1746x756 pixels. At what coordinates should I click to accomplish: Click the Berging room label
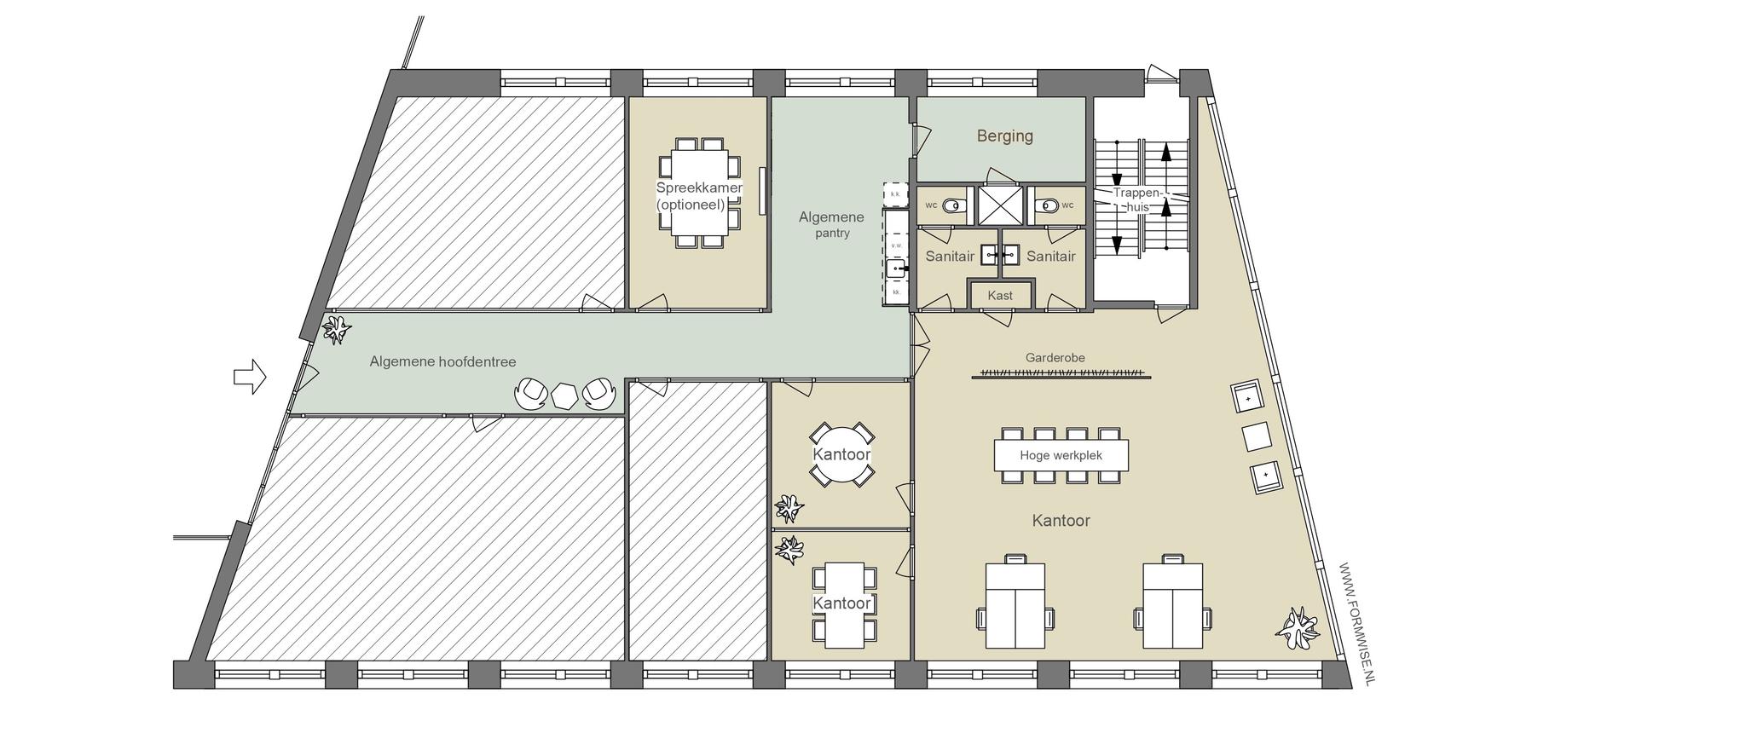1004,136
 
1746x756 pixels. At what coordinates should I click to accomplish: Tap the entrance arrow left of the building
250,376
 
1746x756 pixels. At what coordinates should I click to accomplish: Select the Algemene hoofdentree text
442,361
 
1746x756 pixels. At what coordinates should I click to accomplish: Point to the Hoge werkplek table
1061,455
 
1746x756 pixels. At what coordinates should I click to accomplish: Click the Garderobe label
1055,358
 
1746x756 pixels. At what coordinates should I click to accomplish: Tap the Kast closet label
1000,296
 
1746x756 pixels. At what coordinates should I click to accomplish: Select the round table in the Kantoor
841,454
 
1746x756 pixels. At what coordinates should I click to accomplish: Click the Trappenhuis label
1137,200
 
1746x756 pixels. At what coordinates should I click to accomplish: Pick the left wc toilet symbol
954,205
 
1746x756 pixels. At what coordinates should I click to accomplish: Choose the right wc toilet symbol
1046,205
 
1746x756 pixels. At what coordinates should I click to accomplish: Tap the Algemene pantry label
830,225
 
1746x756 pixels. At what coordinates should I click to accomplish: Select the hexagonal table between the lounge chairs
565,396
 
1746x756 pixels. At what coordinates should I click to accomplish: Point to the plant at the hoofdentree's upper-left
336,329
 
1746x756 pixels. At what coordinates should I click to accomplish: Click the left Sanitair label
950,256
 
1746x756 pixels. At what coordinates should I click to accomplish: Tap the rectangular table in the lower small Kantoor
841,604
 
